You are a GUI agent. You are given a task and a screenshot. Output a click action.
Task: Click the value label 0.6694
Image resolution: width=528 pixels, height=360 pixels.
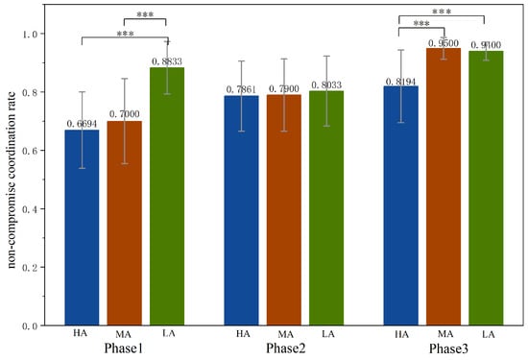[x=82, y=124]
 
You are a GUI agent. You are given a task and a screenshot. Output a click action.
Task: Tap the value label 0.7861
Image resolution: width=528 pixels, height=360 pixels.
[x=241, y=89]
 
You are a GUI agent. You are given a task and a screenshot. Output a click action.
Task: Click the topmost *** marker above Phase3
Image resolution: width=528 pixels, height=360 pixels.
[x=443, y=12]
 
